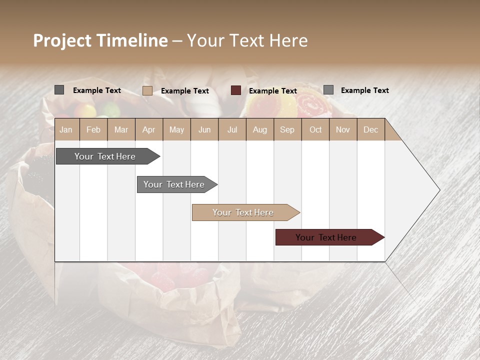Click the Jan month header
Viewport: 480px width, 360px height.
pos(66,129)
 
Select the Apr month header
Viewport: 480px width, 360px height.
pos(149,129)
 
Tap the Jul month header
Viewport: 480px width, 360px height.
pos(232,129)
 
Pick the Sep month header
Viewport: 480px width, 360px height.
pos(287,129)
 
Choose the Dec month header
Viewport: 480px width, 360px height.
pos(370,129)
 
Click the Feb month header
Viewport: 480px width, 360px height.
pos(93,129)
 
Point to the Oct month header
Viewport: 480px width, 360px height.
pos(315,129)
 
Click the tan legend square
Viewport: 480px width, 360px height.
pos(147,90)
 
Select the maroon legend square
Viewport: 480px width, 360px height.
pos(236,90)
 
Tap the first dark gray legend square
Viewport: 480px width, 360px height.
pos(59,90)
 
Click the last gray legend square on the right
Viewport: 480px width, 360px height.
pos(328,90)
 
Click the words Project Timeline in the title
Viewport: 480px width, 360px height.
pos(100,40)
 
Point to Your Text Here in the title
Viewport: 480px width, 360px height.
pos(247,40)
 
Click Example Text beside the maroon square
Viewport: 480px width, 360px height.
pos(273,91)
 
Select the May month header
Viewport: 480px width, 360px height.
pos(176,129)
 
